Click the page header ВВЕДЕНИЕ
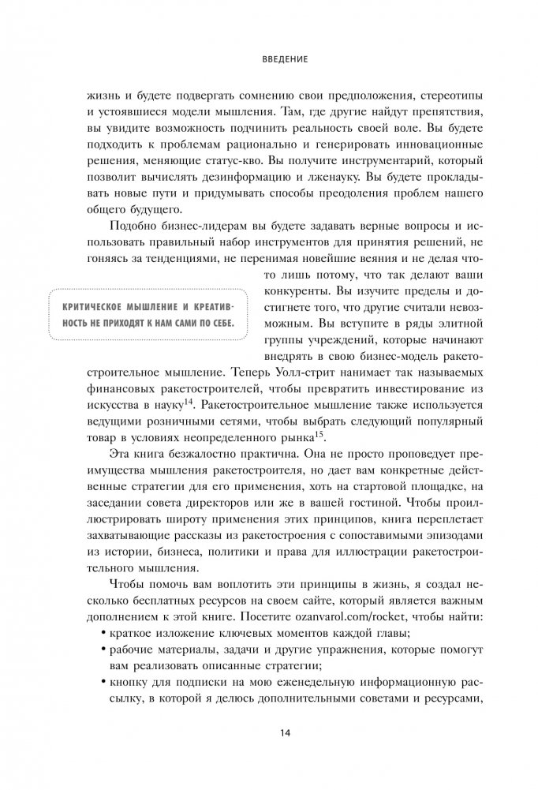pyautogui.click(x=269, y=58)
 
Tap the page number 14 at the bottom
pyautogui.click(x=269, y=733)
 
